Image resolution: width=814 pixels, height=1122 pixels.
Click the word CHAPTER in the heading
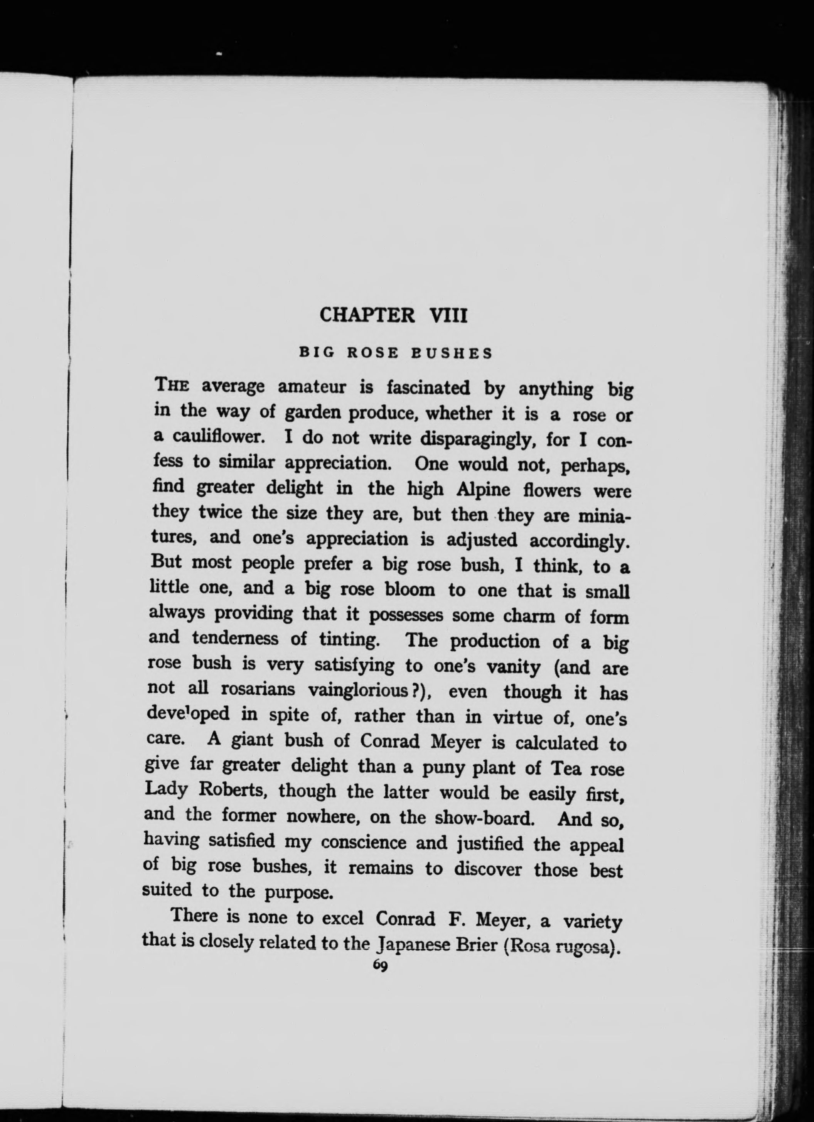(367, 315)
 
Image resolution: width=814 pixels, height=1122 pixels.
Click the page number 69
(381, 967)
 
